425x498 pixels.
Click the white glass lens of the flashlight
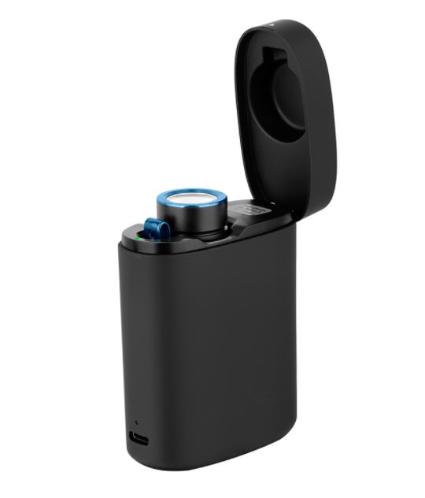[x=194, y=196]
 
